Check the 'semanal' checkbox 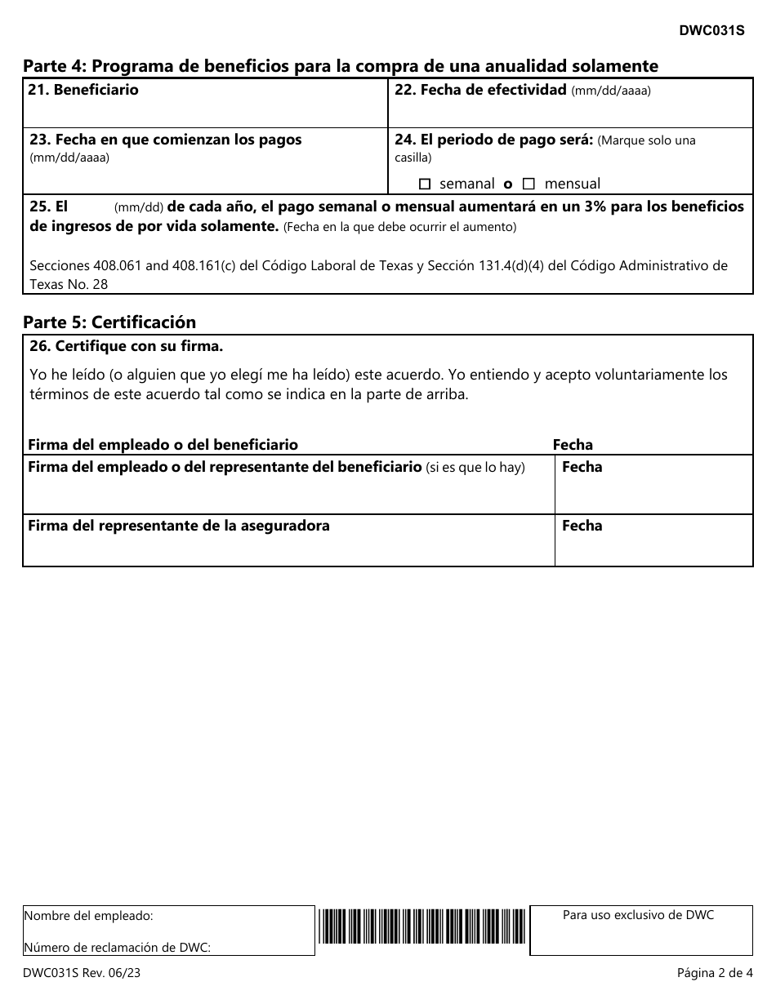(424, 184)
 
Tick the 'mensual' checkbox (528, 184)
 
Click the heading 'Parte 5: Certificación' (109, 322)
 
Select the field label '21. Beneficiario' (83, 91)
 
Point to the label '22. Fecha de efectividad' (480, 91)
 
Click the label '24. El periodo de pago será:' (494, 140)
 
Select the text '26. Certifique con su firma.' (126, 346)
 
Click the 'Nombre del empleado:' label (89, 916)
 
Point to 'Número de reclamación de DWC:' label (118, 947)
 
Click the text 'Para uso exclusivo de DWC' (638, 915)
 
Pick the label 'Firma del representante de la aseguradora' (179, 526)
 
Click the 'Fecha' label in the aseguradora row (582, 526)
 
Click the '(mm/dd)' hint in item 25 (139, 207)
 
